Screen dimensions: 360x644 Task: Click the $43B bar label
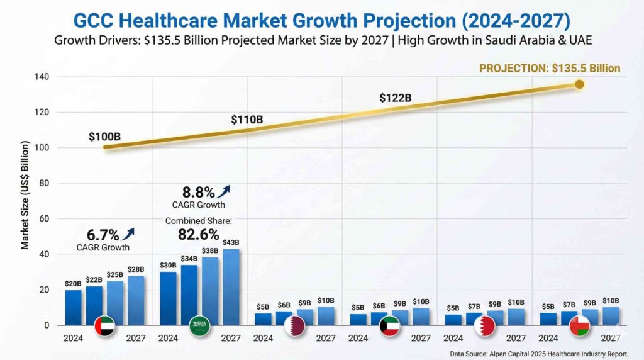point(231,242)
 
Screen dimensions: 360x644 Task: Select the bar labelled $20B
point(74,307)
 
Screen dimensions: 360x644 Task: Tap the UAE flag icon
point(105,326)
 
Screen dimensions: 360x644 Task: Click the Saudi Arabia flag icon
point(200,326)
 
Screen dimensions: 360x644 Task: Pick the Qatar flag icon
point(294,326)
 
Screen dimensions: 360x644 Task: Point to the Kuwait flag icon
point(389,326)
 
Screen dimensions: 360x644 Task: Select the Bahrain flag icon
point(485,326)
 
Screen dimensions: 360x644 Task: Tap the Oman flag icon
point(579,326)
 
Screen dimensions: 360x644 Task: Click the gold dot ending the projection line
point(579,84)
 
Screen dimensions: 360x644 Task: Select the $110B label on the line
point(247,120)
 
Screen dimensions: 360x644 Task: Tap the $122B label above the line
point(395,98)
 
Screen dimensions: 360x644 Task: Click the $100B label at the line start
point(104,136)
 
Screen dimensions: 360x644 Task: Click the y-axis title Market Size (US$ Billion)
point(25,195)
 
